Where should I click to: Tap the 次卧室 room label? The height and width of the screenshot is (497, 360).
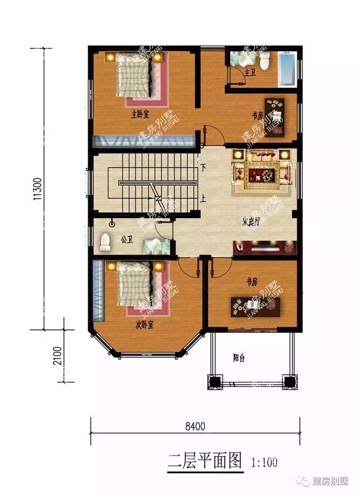pos(145,325)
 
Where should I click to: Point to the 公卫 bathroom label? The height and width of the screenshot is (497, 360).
pos(127,240)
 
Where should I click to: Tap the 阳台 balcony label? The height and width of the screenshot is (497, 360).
pos(239,357)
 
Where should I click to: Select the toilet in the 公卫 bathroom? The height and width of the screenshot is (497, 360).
pos(104,243)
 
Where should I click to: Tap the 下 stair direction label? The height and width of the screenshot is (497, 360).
pos(203,167)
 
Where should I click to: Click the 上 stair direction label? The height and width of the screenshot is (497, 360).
pos(203,198)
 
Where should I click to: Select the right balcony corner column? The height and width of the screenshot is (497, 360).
pos(289,382)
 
